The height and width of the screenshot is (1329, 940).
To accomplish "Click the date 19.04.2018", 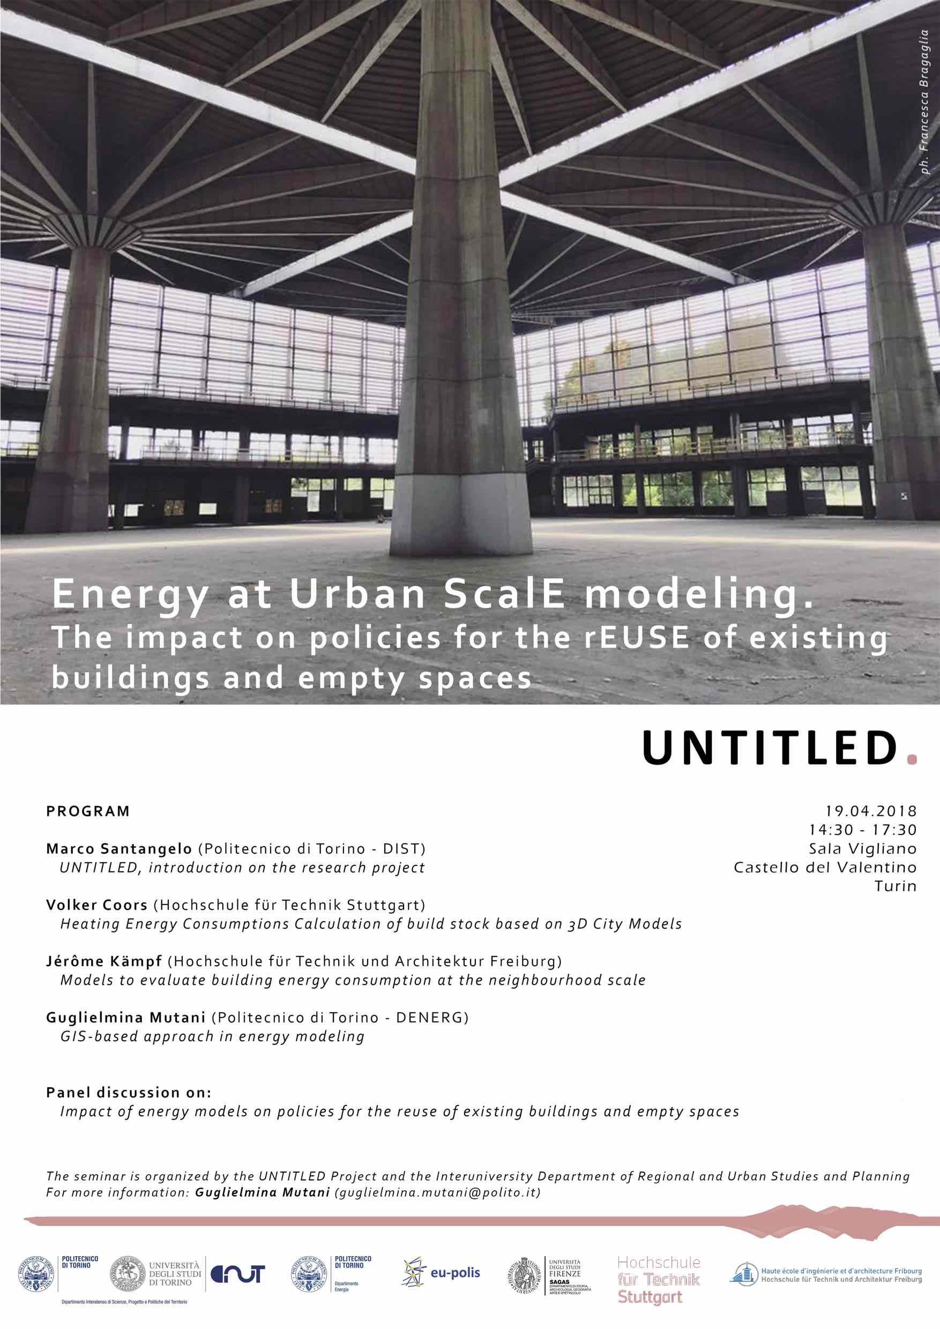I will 870,811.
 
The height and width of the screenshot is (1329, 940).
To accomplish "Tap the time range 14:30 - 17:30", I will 862,830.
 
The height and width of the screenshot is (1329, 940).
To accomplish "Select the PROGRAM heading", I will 88,811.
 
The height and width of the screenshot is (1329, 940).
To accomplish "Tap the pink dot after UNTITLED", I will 912,759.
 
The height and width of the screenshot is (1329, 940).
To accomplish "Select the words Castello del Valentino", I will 825,867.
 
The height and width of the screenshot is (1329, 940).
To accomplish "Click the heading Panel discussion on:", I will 129,1092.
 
